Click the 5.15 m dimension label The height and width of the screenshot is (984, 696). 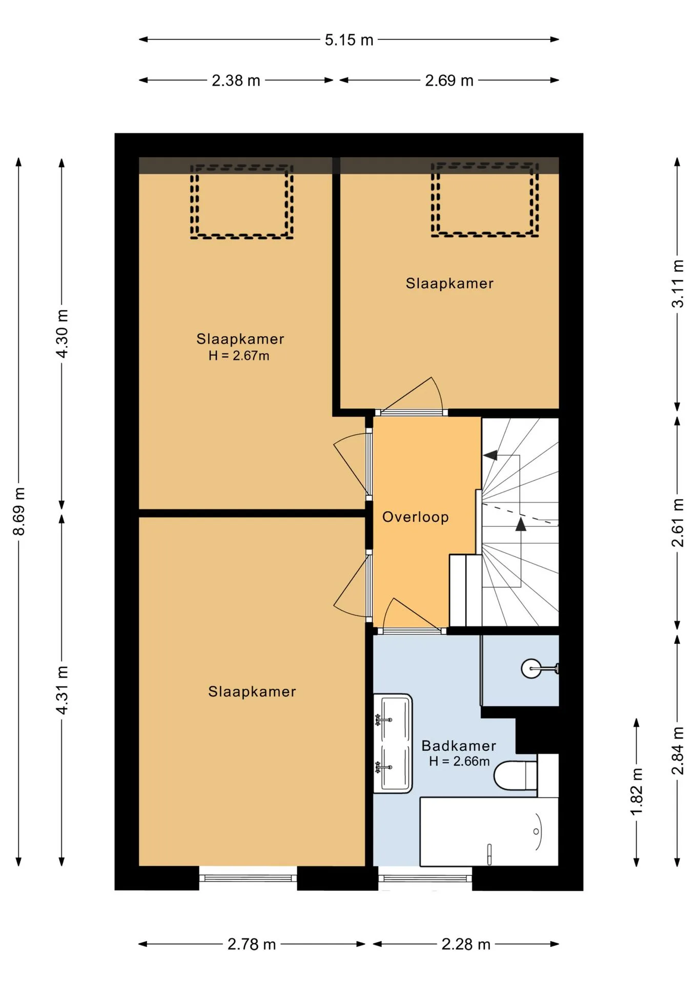(x=349, y=40)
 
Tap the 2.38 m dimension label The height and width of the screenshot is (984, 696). (x=236, y=80)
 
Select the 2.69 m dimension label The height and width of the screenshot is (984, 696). (x=449, y=80)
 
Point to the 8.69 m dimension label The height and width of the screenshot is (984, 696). (x=19, y=511)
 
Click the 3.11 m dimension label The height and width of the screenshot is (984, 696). (x=678, y=283)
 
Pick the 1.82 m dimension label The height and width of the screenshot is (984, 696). (x=636, y=792)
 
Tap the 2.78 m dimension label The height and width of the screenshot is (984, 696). (x=252, y=944)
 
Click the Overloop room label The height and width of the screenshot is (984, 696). (x=416, y=517)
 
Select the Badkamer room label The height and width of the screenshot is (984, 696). (x=459, y=746)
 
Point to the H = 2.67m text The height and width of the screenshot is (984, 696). (x=239, y=356)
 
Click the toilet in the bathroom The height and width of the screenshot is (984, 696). (x=516, y=775)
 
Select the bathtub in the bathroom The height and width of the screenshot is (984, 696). (x=489, y=831)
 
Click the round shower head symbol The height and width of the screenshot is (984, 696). (x=531, y=668)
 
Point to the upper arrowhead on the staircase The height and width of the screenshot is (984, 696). (x=490, y=455)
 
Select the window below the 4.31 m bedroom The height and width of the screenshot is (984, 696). (x=248, y=878)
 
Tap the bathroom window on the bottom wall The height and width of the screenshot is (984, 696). (x=425, y=878)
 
